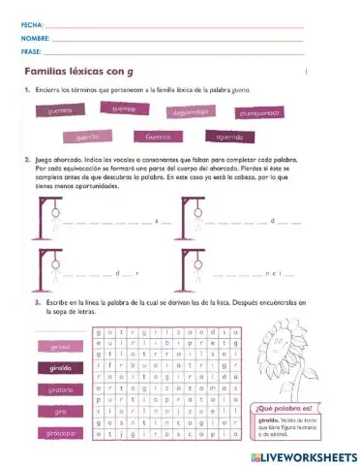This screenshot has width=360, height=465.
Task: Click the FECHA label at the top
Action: click(x=30, y=22)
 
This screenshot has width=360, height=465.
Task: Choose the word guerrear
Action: click(x=123, y=109)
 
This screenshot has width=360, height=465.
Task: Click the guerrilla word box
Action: click(x=88, y=138)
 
